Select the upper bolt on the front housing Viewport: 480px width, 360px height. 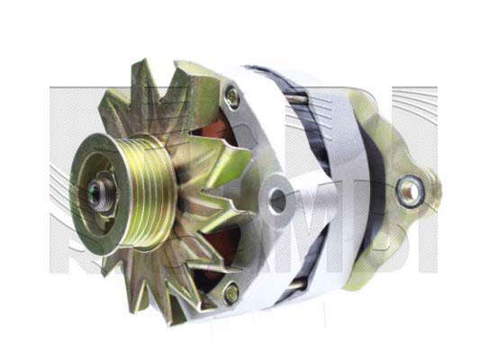(x=232, y=94)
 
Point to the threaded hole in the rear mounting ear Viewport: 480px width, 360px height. (x=412, y=188)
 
